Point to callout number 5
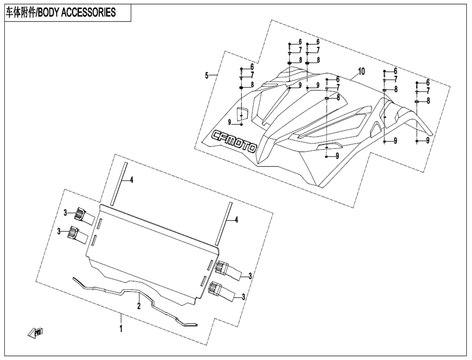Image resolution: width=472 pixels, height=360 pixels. pyautogui.click(x=207, y=75)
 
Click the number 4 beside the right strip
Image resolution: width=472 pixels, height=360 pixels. pyautogui.click(x=236, y=220)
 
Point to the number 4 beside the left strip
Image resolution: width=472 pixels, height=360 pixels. pyautogui.click(x=131, y=180)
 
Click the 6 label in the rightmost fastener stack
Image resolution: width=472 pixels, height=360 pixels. pyautogui.click(x=428, y=83)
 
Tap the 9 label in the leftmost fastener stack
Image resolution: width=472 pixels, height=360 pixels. pyautogui.click(x=230, y=122)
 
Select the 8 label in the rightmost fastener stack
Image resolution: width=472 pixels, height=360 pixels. pyautogui.click(x=428, y=101)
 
